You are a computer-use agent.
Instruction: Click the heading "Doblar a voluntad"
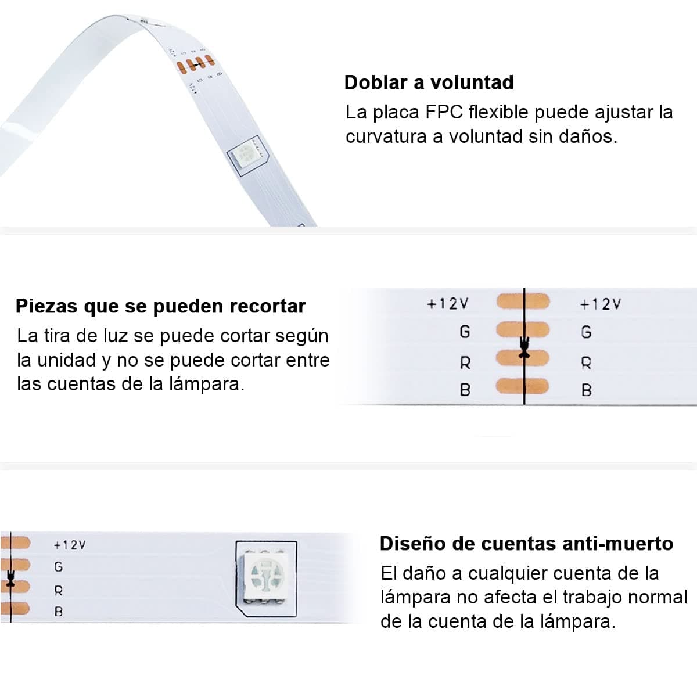tap(429, 82)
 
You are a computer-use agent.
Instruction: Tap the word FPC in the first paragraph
tap(444, 112)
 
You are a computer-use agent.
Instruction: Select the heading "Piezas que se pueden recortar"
tap(160, 306)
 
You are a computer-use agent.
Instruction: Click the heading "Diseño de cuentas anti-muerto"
tap(526, 544)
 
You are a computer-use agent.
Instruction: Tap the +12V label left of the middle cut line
tap(448, 304)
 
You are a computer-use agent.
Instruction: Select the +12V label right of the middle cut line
tap(601, 304)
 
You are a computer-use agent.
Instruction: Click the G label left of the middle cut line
tap(465, 332)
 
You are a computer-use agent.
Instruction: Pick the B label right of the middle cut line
tap(586, 390)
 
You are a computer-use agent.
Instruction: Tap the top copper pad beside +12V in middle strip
tap(523, 301)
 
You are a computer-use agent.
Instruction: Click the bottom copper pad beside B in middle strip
tap(523, 386)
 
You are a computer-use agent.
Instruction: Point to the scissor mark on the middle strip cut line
tap(524, 348)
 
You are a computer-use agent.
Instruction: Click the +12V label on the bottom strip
tap(70, 545)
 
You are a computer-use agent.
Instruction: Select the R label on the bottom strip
tap(59, 591)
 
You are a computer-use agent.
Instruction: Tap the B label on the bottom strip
tap(59, 612)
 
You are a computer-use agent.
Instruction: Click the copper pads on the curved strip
tap(196, 64)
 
